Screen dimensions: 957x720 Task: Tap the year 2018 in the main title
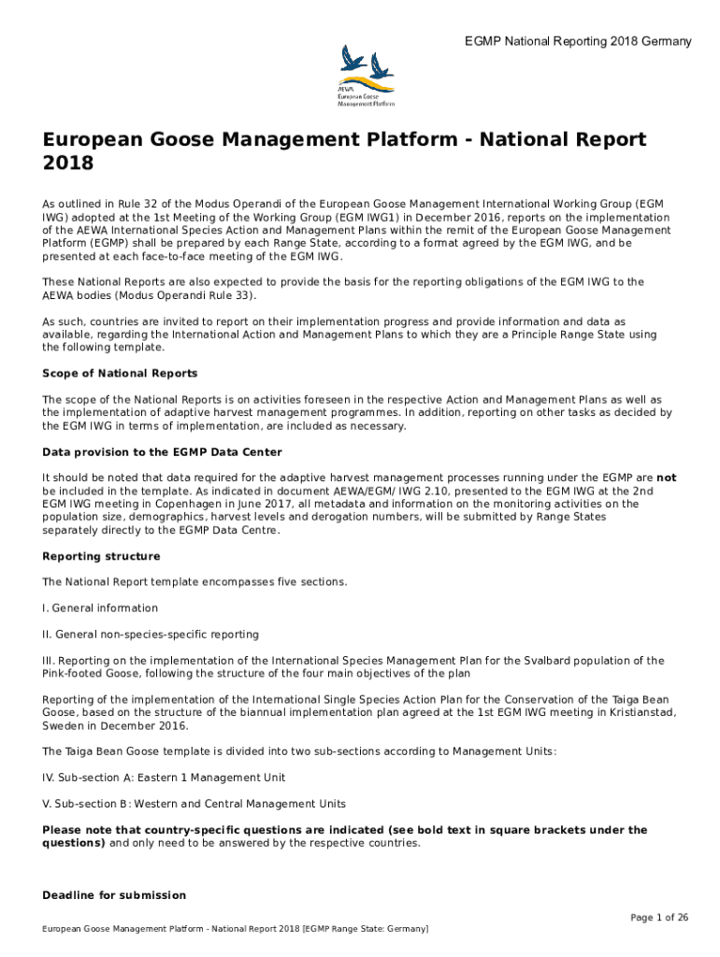pos(68,164)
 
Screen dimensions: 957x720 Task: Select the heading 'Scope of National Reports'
pos(120,373)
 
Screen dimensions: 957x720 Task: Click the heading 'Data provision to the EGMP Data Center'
pos(162,451)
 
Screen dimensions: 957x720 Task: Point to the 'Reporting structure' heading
pos(101,556)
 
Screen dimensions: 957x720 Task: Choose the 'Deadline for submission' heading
pos(114,895)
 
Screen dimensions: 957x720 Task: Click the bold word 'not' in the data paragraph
pos(667,478)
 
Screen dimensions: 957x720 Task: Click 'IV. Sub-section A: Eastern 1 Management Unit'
pos(164,778)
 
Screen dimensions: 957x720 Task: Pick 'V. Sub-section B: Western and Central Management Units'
pos(194,804)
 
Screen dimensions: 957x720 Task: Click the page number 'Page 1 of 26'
pos(659,918)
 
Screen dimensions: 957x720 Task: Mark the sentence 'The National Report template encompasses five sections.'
pos(194,582)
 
